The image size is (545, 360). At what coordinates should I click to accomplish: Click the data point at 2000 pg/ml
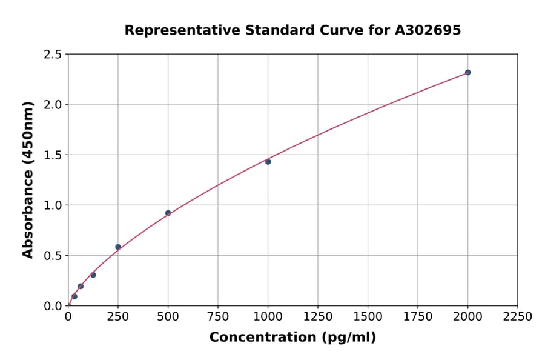coord(467,72)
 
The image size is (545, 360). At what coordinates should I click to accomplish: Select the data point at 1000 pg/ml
coord(268,162)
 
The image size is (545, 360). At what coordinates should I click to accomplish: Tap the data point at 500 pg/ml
coord(168,213)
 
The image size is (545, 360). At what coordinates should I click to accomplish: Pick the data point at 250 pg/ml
coord(118,247)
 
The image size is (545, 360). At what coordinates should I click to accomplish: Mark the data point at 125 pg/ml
coord(93,275)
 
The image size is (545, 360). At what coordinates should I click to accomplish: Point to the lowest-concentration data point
coord(74,296)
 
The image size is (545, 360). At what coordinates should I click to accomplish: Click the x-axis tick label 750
coord(218,317)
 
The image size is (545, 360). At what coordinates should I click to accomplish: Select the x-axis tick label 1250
coord(318,317)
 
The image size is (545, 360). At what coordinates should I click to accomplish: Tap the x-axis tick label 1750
coord(418,317)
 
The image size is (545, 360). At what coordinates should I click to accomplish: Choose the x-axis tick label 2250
coord(518,317)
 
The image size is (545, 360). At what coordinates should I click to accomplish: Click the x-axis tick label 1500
coord(368,317)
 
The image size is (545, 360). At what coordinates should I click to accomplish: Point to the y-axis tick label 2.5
coord(53,55)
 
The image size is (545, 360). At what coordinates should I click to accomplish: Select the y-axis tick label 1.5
coord(53,155)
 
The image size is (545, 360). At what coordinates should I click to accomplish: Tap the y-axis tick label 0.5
coord(53,256)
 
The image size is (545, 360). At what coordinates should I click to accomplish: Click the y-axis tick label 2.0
coord(53,105)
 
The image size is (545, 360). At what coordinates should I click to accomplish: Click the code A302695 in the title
coord(428,30)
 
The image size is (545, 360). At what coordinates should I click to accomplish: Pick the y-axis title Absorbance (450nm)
coord(28,180)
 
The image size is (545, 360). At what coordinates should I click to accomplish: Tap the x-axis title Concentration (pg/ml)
coord(292,338)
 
